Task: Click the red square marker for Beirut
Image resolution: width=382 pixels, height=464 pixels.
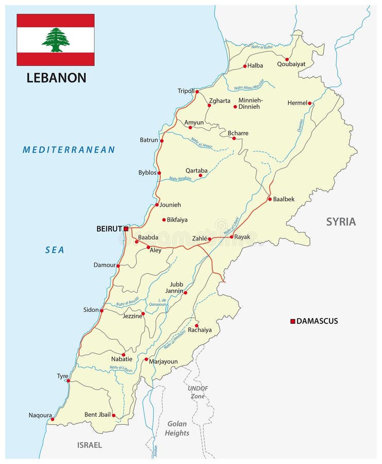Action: [x=126, y=228]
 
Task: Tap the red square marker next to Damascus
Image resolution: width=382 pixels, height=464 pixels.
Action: [x=293, y=321]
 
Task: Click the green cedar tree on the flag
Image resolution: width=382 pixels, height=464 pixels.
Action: [x=56, y=40]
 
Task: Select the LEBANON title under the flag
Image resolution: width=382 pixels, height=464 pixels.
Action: [x=56, y=78]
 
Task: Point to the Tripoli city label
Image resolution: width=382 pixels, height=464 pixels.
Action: [x=186, y=91]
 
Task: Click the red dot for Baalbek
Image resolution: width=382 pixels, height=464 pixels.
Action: [x=270, y=199]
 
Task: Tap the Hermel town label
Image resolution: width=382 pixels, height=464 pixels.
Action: [x=297, y=103]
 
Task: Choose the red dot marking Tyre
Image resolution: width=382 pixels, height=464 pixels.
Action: [x=68, y=381]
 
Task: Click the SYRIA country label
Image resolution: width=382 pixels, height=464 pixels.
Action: [x=341, y=222]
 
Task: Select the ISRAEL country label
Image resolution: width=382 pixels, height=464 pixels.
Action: [x=89, y=445]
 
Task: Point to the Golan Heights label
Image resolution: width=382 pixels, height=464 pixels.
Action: [x=177, y=428]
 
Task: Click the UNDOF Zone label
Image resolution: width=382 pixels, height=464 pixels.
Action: [x=198, y=391]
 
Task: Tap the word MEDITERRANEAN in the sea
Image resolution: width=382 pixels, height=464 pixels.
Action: [x=69, y=150]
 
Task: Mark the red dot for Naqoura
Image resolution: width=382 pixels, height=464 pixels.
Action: [x=52, y=420]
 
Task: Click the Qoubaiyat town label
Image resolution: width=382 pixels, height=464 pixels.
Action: [x=291, y=64]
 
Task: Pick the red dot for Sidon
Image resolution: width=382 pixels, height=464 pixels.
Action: [x=102, y=310]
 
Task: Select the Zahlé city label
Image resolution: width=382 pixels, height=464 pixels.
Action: [x=199, y=239]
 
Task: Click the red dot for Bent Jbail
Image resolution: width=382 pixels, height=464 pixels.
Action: [x=113, y=415]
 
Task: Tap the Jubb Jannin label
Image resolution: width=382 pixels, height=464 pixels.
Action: [x=176, y=288]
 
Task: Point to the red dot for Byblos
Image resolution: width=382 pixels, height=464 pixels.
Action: [x=159, y=173]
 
